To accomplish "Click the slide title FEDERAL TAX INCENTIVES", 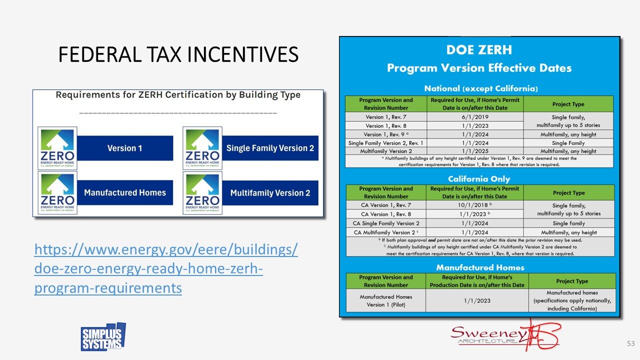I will [178, 54].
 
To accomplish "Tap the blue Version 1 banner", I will [125, 148].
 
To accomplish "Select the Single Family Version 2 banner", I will [270, 148].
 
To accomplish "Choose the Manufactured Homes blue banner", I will [125, 192].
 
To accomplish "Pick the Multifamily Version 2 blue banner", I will [270, 193].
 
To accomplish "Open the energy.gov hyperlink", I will [165, 268].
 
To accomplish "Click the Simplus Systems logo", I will [103, 337].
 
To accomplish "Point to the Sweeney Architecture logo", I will [505, 335].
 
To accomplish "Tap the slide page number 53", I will [630, 343].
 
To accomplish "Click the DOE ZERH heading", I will [479, 49].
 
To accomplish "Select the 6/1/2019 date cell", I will [475, 116].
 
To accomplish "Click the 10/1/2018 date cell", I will [475, 205].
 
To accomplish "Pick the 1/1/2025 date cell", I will [475, 151].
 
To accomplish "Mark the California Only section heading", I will [479, 178].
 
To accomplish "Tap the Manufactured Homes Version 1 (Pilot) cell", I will [385, 300].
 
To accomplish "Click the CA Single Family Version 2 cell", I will [385, 223].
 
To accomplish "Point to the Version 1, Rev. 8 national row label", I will [385, 125].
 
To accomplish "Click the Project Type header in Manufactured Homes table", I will [572, 281].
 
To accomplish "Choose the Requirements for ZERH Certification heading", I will [178, 94].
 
